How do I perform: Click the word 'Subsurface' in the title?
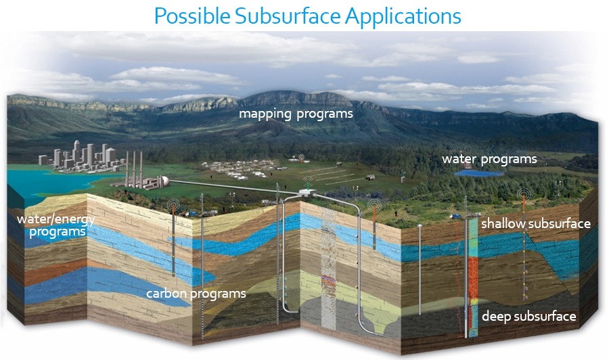pos(287,16)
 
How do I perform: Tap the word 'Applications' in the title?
pos(403,17)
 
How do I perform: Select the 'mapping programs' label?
pos(296,114)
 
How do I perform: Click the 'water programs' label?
pos(489,159)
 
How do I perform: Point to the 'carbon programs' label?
pos(196,294)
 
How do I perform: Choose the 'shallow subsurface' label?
pos(536,223)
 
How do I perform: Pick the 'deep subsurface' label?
pos(529,316)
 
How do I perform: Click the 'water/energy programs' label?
pos(56,225)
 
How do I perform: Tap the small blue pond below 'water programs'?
pos(478,173)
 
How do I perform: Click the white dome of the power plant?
pos(165,181)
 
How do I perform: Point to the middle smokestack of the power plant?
pos(134,169)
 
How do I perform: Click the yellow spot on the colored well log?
pos(474,301)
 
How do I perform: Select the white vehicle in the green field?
pos(370,177)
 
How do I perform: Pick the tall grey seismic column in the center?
pos(328,268)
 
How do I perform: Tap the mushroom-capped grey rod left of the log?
pos(420,269)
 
